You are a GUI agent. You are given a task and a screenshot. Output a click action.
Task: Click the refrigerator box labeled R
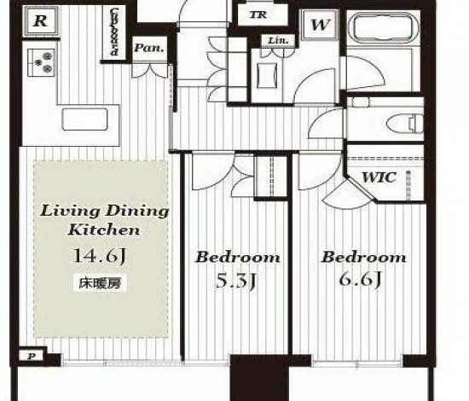pyautogui.click(x=40, y=21)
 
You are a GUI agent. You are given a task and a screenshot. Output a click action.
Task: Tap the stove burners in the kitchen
pyautogui.click(x=41, y=62)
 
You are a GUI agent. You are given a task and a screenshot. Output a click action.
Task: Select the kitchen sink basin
pyautogui.click(x=84, y=119)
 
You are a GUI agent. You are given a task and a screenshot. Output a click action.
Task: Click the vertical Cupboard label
pyautogui.click(x=114, y=32)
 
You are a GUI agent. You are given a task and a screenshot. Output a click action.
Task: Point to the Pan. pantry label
pyautogui.click(x=149, y=48)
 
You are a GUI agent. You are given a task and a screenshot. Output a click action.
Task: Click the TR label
pyautogui.click(x=258, y=15)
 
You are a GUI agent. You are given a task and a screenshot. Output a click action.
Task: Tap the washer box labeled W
pyautogui.click(x=321, y=25)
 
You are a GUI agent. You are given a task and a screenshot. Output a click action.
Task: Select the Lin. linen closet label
pyautogui.click(x=278, y=40)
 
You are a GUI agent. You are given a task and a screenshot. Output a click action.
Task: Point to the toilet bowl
pyautogui.click(x=404, y=124)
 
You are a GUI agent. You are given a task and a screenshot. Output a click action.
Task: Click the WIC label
pyautogui.click(x=379, y=177)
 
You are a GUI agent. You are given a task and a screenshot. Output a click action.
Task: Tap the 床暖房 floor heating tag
pyautogui.click(x=100, y=283)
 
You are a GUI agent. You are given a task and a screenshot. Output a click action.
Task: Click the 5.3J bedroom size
pyautogui.click(x=235, y=281)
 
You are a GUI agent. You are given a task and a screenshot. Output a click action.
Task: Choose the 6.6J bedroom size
pyautogui.click(x=360, y=279)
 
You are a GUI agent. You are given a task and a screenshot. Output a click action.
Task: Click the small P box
pyautogui.click(x=31, y=357)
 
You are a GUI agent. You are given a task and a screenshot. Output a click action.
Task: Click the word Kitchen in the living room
pyautogui.click(x=104, y=230)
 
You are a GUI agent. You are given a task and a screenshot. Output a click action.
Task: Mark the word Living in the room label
pyautogui.click(x=71, y=211)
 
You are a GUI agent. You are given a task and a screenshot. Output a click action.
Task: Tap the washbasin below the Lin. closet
pyautogui.click(x=267, y=75)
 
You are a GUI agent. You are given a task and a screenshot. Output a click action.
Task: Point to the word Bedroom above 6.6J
pyautogui.click(x=363, y=257)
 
